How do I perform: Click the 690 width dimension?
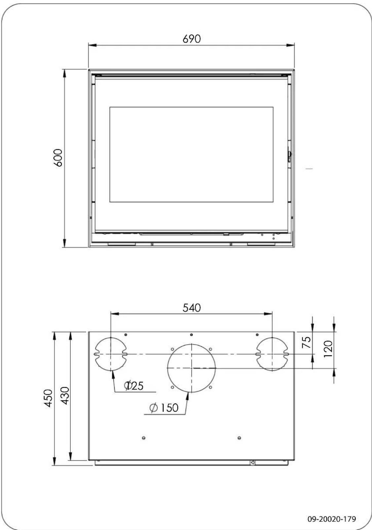pos(192,39)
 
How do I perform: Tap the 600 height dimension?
pos(58,158)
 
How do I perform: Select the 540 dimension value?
pos(192,308)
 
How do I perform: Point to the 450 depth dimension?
pos(48,398)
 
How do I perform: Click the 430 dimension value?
pos(64,396)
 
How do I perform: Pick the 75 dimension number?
pos(307,342)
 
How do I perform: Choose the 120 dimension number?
pos(328,349)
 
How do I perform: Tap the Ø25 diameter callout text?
pos(134,386)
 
